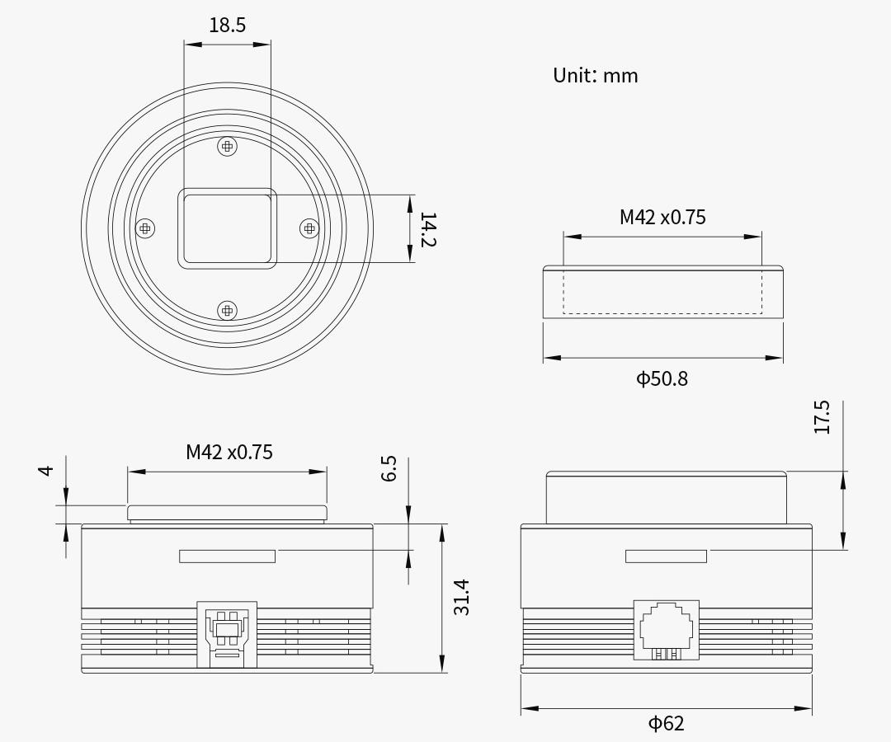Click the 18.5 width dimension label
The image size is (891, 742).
227,26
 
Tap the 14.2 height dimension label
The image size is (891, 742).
427,229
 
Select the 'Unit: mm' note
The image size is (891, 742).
595,76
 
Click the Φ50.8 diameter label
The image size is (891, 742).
662,379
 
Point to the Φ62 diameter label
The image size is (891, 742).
666,724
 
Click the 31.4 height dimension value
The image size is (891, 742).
462,597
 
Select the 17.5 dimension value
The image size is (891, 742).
823,417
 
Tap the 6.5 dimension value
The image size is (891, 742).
390,469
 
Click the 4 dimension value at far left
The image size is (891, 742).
46,470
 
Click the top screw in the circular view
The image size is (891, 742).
227,147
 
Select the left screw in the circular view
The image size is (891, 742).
145,228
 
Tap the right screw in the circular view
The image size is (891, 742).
309,228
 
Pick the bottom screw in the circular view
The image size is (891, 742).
227,310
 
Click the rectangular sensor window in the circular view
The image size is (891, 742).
227,228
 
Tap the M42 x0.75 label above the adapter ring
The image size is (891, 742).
662,218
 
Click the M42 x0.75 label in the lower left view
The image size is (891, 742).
229,452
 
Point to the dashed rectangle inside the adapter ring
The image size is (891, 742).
662,293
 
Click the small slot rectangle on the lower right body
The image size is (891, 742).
666,556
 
